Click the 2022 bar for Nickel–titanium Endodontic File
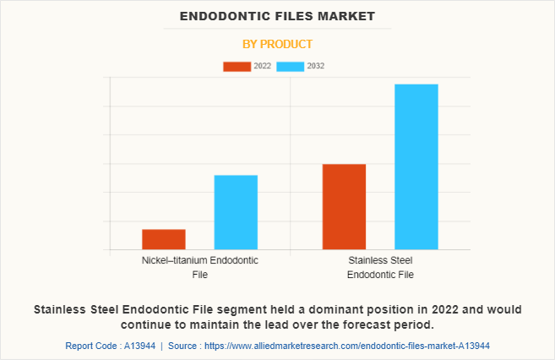[x=164, y=239]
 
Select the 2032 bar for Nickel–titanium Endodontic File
[x=236, y=212]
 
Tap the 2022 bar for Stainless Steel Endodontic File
[x=344, y=206]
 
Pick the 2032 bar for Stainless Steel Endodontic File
[x=416, y=166]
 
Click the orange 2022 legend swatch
[x=237, y=66]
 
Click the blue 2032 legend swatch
[x=290, y=66]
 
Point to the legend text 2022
[x=262, y=66]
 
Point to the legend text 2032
[x=315, y=66]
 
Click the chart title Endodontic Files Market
[x=277, y=16]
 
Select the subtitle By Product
[x=277, y=44]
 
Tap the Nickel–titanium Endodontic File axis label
[x=200, y=267]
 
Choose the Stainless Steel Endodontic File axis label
[x=380, y=267]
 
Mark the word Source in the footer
[x=185, y=346]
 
